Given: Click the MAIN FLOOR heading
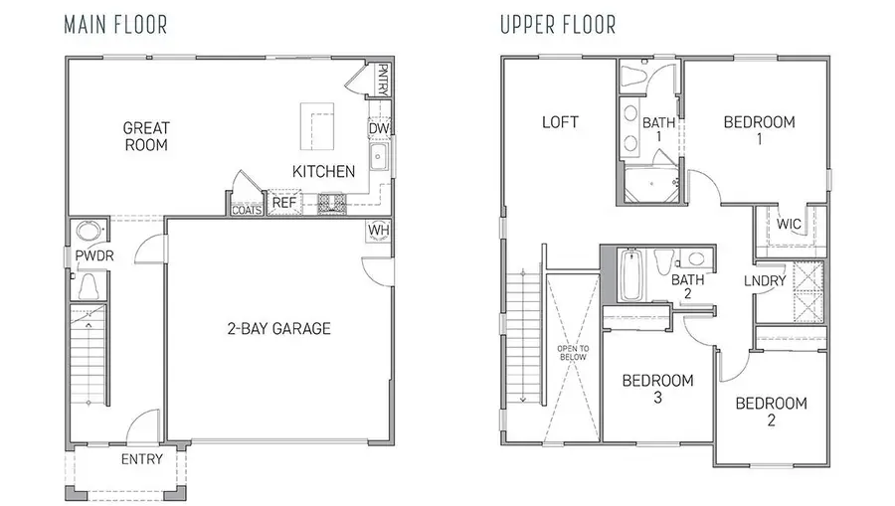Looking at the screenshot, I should pos(115,25).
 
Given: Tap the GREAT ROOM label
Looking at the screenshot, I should pos(145,136).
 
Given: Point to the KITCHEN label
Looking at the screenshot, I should pos(323,172).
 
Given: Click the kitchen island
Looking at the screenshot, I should pos(318,125).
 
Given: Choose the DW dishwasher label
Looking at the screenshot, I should pos(379,128).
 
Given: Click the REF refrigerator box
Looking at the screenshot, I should pos(285,202).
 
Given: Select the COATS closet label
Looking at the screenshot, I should pos(246,209).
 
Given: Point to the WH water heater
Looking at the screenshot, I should pos(379,231).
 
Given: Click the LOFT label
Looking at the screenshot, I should pos(560,122).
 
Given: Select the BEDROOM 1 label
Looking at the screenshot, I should pos(759,130).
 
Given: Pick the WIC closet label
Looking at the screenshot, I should pos(790,224).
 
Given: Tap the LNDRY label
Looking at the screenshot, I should pos(765,281).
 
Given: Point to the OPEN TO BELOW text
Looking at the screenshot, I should pos(571,353).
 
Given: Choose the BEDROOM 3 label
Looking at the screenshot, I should pos(657,389).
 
